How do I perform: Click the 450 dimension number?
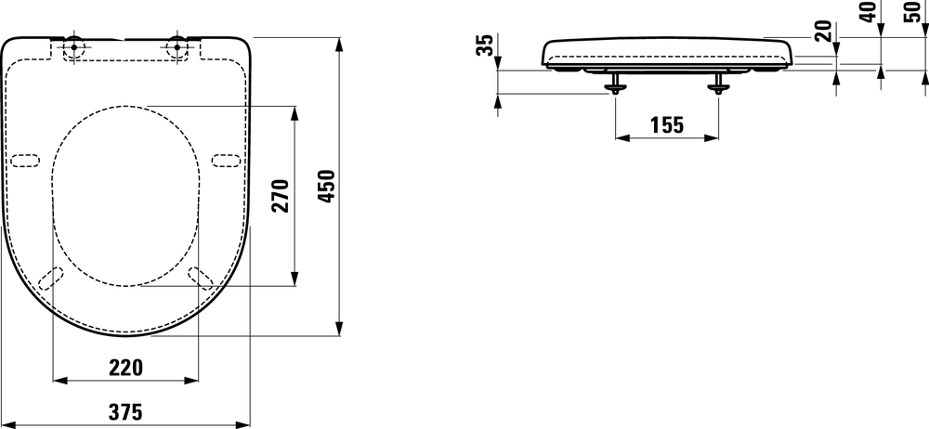[x=327, y=188]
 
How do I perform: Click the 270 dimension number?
[x=281, y=196]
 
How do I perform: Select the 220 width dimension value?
[x=125, y=367]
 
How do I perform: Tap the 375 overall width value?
[x=125, y=409]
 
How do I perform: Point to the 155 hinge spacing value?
[x=666, y=123]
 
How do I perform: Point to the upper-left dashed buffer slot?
[x=25, y=160]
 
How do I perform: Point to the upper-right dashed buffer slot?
[x=226, y=160]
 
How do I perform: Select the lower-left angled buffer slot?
[x=54, y=278]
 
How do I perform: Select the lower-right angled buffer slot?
[x=199, y=278]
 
